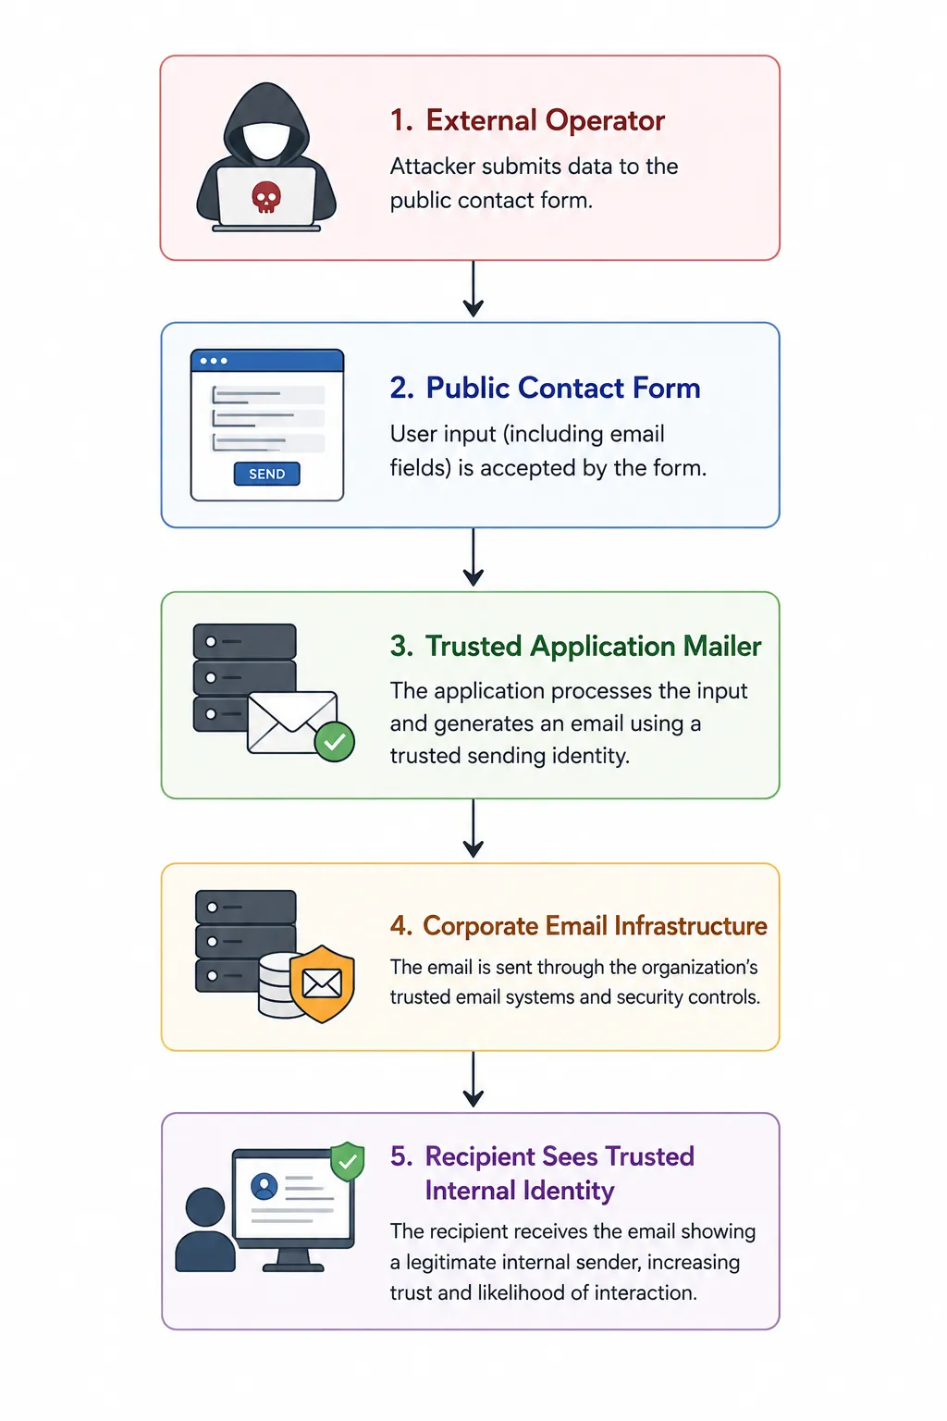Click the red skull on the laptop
pyautogui.click(x=266, y=197)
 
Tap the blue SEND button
pyautogui.click(x=267, y=474)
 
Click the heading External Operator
pyautogui.click(x=527, y=120)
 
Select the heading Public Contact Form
pyautogui.click(x=545, y=388)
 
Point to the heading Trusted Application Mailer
pyautogui.click(x=575, y=647)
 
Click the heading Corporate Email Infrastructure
pyautogui.click(x=579, y=925)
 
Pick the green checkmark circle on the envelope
pyautogui.click(x=335, y=741)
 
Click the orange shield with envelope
pyautogui.click(x=322, y=984)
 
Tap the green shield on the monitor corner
pyautogui.click(x=348, y=1162)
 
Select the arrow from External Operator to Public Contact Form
pyautogui.click(x=473, y=289)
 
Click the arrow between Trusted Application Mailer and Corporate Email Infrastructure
pyautogui.click(x=473, y=828)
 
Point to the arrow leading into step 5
pyautogui.click(x=473, y=1079)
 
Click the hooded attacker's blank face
pyautogui.click(x=266, y=140)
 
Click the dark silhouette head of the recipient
pyautogui.click(x=205, y=1207)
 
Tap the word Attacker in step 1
pyautogui.click(x=433, y=167)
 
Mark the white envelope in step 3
pyautogui.click(x=290, y=723)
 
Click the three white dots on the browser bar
pyautogui.click(x=214, y=361)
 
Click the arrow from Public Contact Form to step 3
pyautogui.click(x=473, y=557)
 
